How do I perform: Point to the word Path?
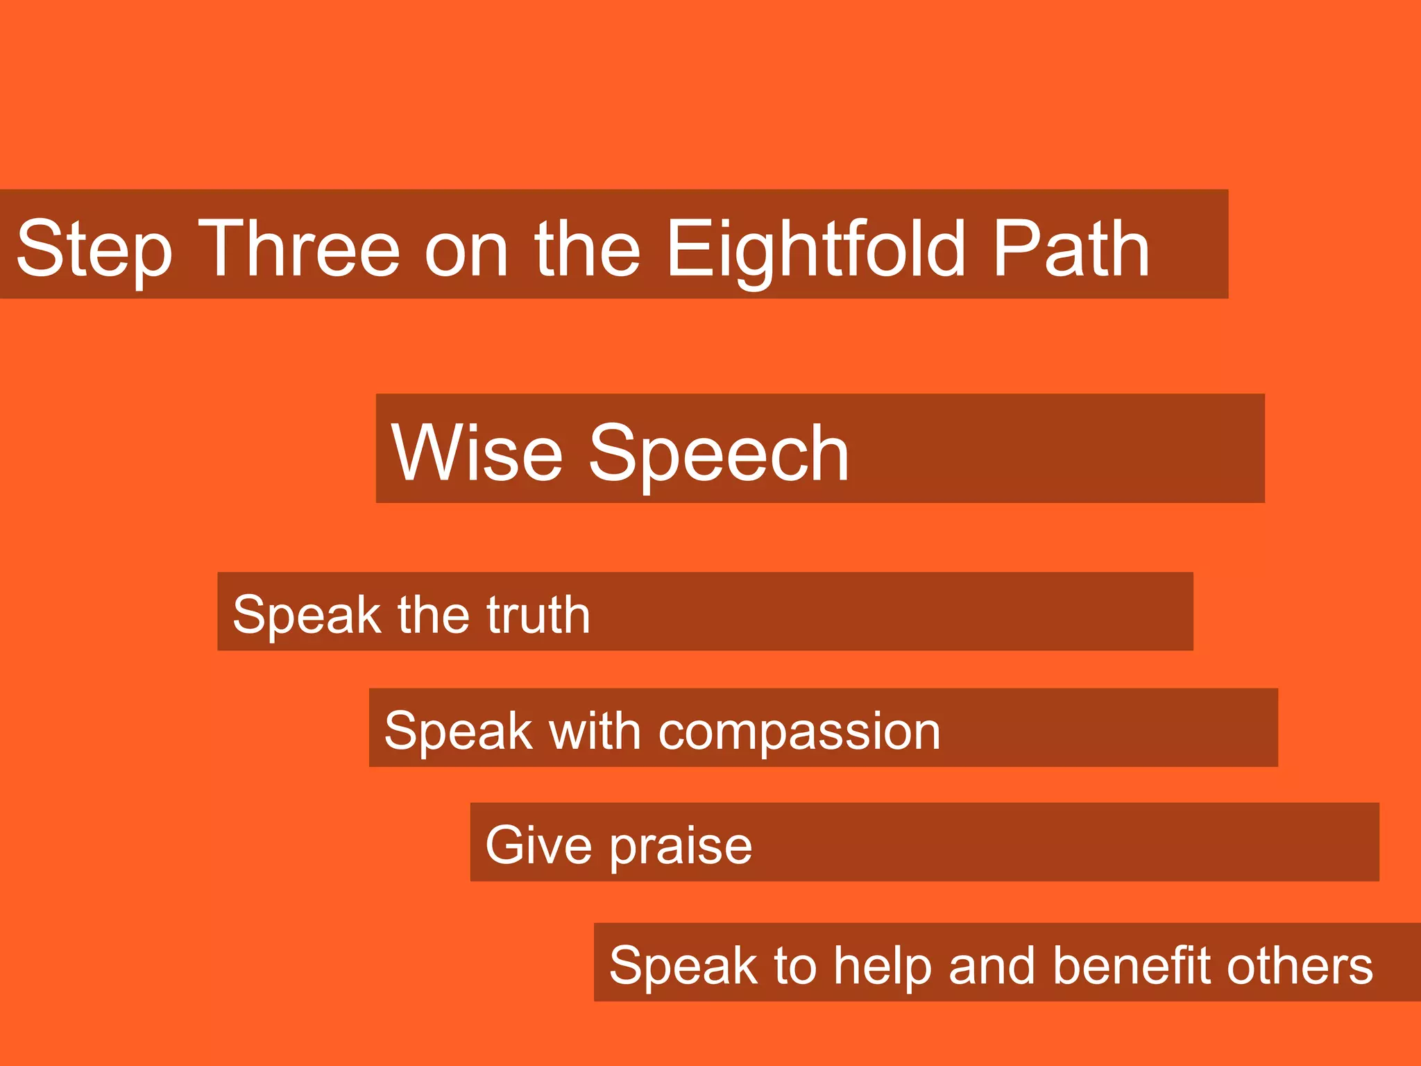1071,248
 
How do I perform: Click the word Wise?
477,452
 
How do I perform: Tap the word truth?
538,614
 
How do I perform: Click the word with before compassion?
595,731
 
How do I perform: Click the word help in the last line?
882,967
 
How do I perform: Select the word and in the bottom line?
992,965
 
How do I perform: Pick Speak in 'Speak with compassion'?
458,731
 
